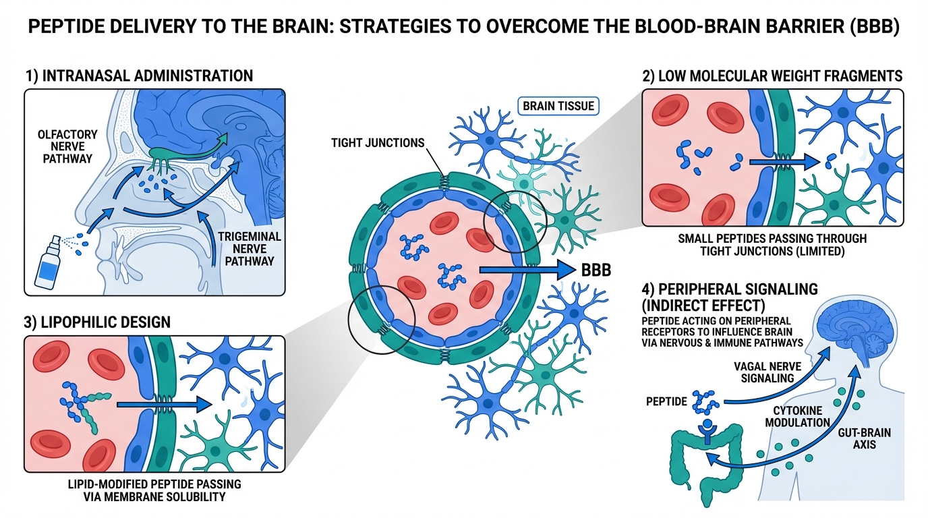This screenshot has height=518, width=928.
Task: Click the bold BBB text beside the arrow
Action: pyautogui.click(x=596, y=270)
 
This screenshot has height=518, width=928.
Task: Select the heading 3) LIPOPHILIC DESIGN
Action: pyautogui.click(x=97, y=322)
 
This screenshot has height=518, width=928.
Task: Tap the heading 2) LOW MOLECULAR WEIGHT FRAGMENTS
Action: pyautogui.click(x=772, y=76)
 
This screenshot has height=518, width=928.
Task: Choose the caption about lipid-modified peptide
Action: pyautogui.click(x=154, y=491)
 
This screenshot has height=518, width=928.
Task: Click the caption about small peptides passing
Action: pyautogui.click(x=772, y=245)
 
